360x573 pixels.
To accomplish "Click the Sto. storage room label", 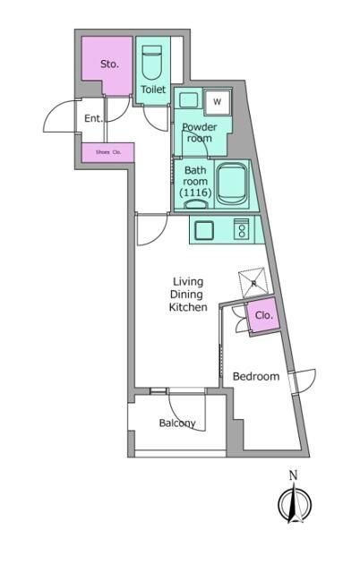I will [x=108, y=64].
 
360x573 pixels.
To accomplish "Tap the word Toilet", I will [x=153, y=90].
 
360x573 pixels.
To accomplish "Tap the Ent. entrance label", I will [x=93, y=118].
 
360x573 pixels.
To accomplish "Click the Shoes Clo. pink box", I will [x=108, y=153].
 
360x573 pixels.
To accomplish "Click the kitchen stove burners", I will [x=241, y=231].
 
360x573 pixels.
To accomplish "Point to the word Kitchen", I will [x=188, y=307].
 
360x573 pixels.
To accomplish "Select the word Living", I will [x=188, y=282].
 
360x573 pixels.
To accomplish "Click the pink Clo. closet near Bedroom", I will [x=263, y=316].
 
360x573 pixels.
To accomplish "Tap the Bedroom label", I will [x=256, y=376].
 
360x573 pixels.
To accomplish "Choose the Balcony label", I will [x=177, y=423].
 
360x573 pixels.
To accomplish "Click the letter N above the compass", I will [x=293, y=475].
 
